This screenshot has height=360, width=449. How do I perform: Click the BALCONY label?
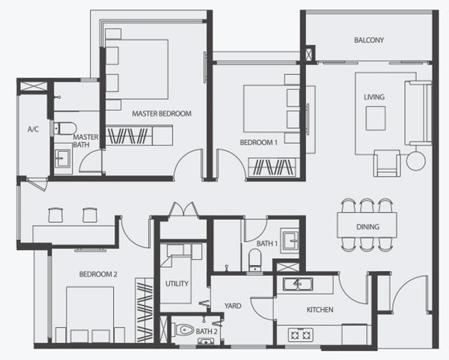coord(369,40)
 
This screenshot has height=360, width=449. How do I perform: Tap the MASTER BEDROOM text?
coord(162,114)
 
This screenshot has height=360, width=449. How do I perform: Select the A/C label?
coord(33,129)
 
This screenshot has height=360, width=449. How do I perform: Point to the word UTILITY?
coord(177,284)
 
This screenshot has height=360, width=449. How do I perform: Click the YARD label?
coord(233,306)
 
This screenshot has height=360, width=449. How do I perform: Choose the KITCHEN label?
coord(320,310)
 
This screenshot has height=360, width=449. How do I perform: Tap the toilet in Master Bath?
coord(65,128)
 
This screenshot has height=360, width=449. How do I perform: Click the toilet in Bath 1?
coord(254,260)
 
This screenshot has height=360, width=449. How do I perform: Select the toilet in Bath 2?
coord(183,330)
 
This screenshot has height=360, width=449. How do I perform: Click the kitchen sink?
coord(298,284)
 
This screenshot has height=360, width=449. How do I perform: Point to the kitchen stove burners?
coord(300,335)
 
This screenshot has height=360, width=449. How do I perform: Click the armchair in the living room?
coord(387,163)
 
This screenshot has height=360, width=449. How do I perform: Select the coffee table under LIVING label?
coord(376,118)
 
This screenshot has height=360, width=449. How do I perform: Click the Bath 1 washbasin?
coord(290,240)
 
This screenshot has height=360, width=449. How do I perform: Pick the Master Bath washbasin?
coord(63,158)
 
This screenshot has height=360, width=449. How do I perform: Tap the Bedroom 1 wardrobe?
coord(274,167)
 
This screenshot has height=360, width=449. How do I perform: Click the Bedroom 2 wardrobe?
coord(144,310)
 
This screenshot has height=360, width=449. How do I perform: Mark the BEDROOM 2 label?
coord(98,275)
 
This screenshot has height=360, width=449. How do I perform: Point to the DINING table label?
coord(367,227)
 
